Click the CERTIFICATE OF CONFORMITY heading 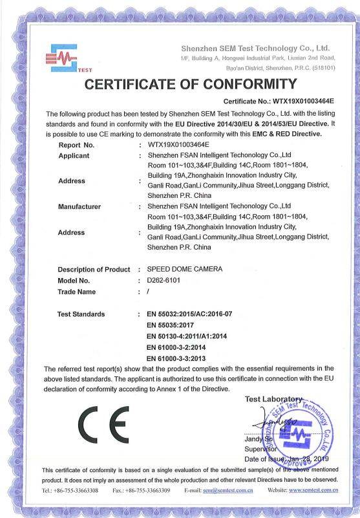click(179, 84)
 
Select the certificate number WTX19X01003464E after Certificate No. click(309, 102)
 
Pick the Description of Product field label click(94, 269)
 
